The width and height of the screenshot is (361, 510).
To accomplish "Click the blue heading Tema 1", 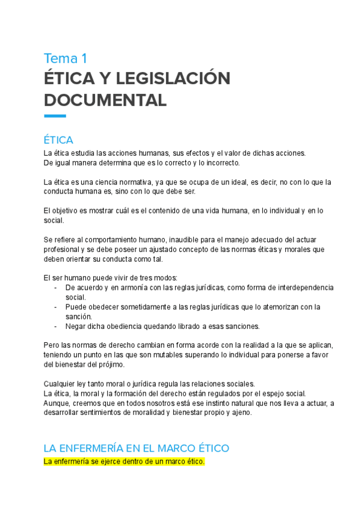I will (66, 58).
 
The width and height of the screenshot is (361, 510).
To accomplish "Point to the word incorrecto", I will (220, 163).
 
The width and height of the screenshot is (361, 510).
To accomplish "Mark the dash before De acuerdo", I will (55, 287).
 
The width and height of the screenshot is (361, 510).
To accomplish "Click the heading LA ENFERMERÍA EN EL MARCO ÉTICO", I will (137, 449).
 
